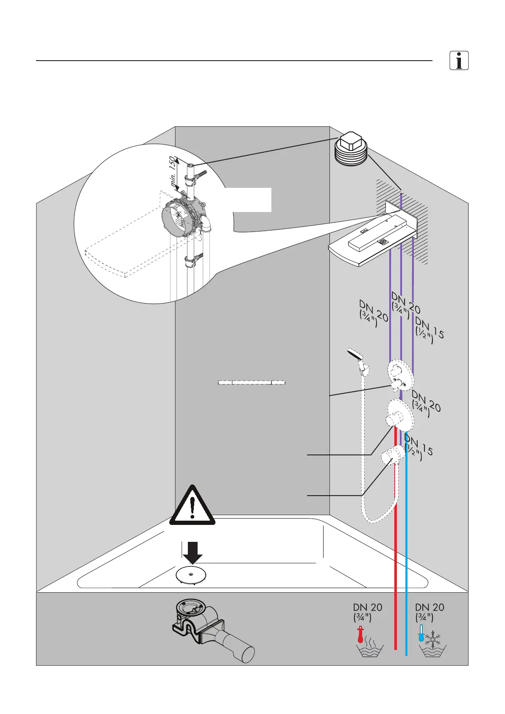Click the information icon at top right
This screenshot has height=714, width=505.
459,61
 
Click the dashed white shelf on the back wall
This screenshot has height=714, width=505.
251,382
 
